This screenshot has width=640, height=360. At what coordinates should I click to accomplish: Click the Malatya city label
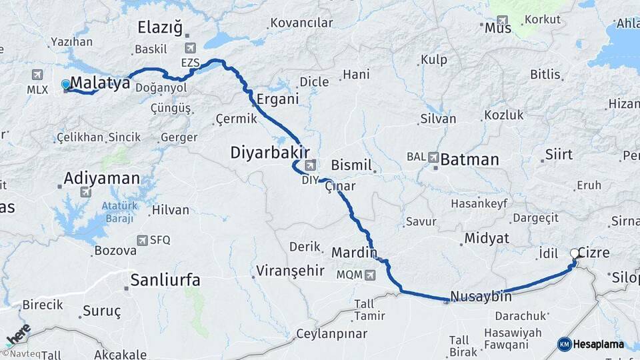coord(100,83)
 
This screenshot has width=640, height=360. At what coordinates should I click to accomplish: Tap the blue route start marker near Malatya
coord(65,85)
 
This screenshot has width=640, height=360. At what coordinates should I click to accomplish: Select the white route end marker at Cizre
coord(575,253)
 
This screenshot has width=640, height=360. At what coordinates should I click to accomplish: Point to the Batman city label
coord(469,159)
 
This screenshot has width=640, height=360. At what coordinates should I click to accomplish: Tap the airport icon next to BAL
coord(434,158)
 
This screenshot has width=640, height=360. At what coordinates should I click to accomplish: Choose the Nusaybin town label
coord(481,297)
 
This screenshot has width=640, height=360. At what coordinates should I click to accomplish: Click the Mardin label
coord(354,253)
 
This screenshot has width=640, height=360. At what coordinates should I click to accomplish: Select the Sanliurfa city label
coord(165,280)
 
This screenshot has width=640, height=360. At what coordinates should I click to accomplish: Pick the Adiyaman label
coord(102,178)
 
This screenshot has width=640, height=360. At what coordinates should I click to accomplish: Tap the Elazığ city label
coord(159,27)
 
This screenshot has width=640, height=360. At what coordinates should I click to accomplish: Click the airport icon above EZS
coord(191,48)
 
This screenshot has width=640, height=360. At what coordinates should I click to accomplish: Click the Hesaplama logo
coord(591,344)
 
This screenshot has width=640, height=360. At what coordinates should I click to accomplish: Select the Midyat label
coord(487,238)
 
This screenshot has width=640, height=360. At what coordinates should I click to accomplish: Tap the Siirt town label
coord(559,155)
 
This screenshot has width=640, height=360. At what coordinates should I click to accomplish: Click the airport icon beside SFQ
coord(142,240)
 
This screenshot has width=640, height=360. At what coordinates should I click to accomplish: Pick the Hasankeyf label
coord(479,203)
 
